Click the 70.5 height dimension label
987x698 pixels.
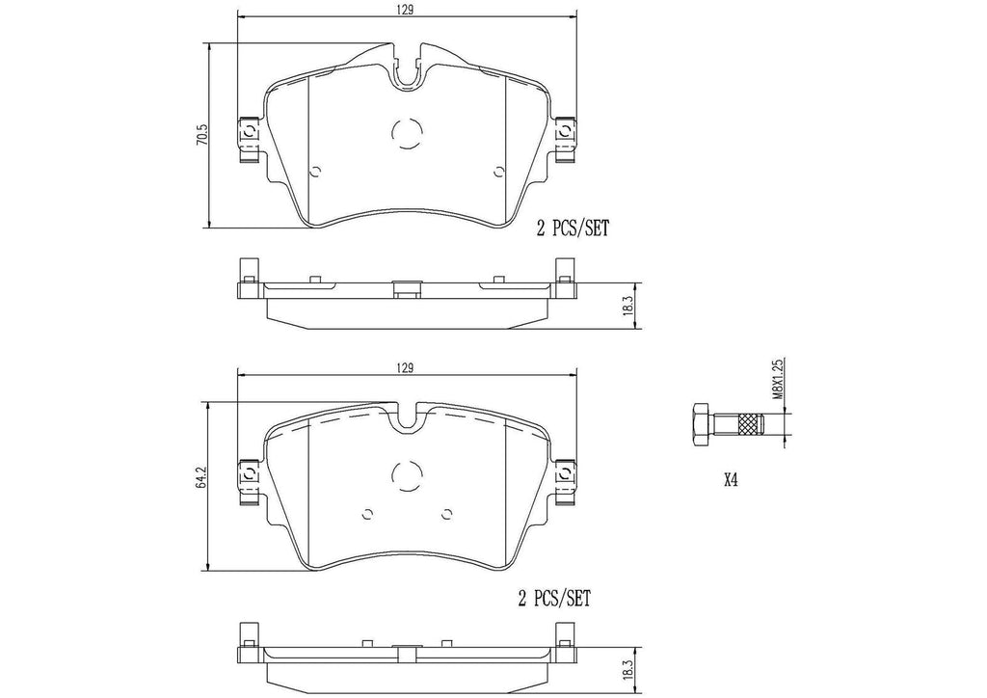202,134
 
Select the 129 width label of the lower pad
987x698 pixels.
406,367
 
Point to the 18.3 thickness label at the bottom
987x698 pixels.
627,667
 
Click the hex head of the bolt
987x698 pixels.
700,423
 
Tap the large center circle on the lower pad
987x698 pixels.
406,474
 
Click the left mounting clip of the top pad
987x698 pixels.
246,134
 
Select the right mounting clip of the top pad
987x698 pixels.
566,134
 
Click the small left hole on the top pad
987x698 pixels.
314,173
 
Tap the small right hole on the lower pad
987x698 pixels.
446,514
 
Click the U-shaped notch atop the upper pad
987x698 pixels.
406,67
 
